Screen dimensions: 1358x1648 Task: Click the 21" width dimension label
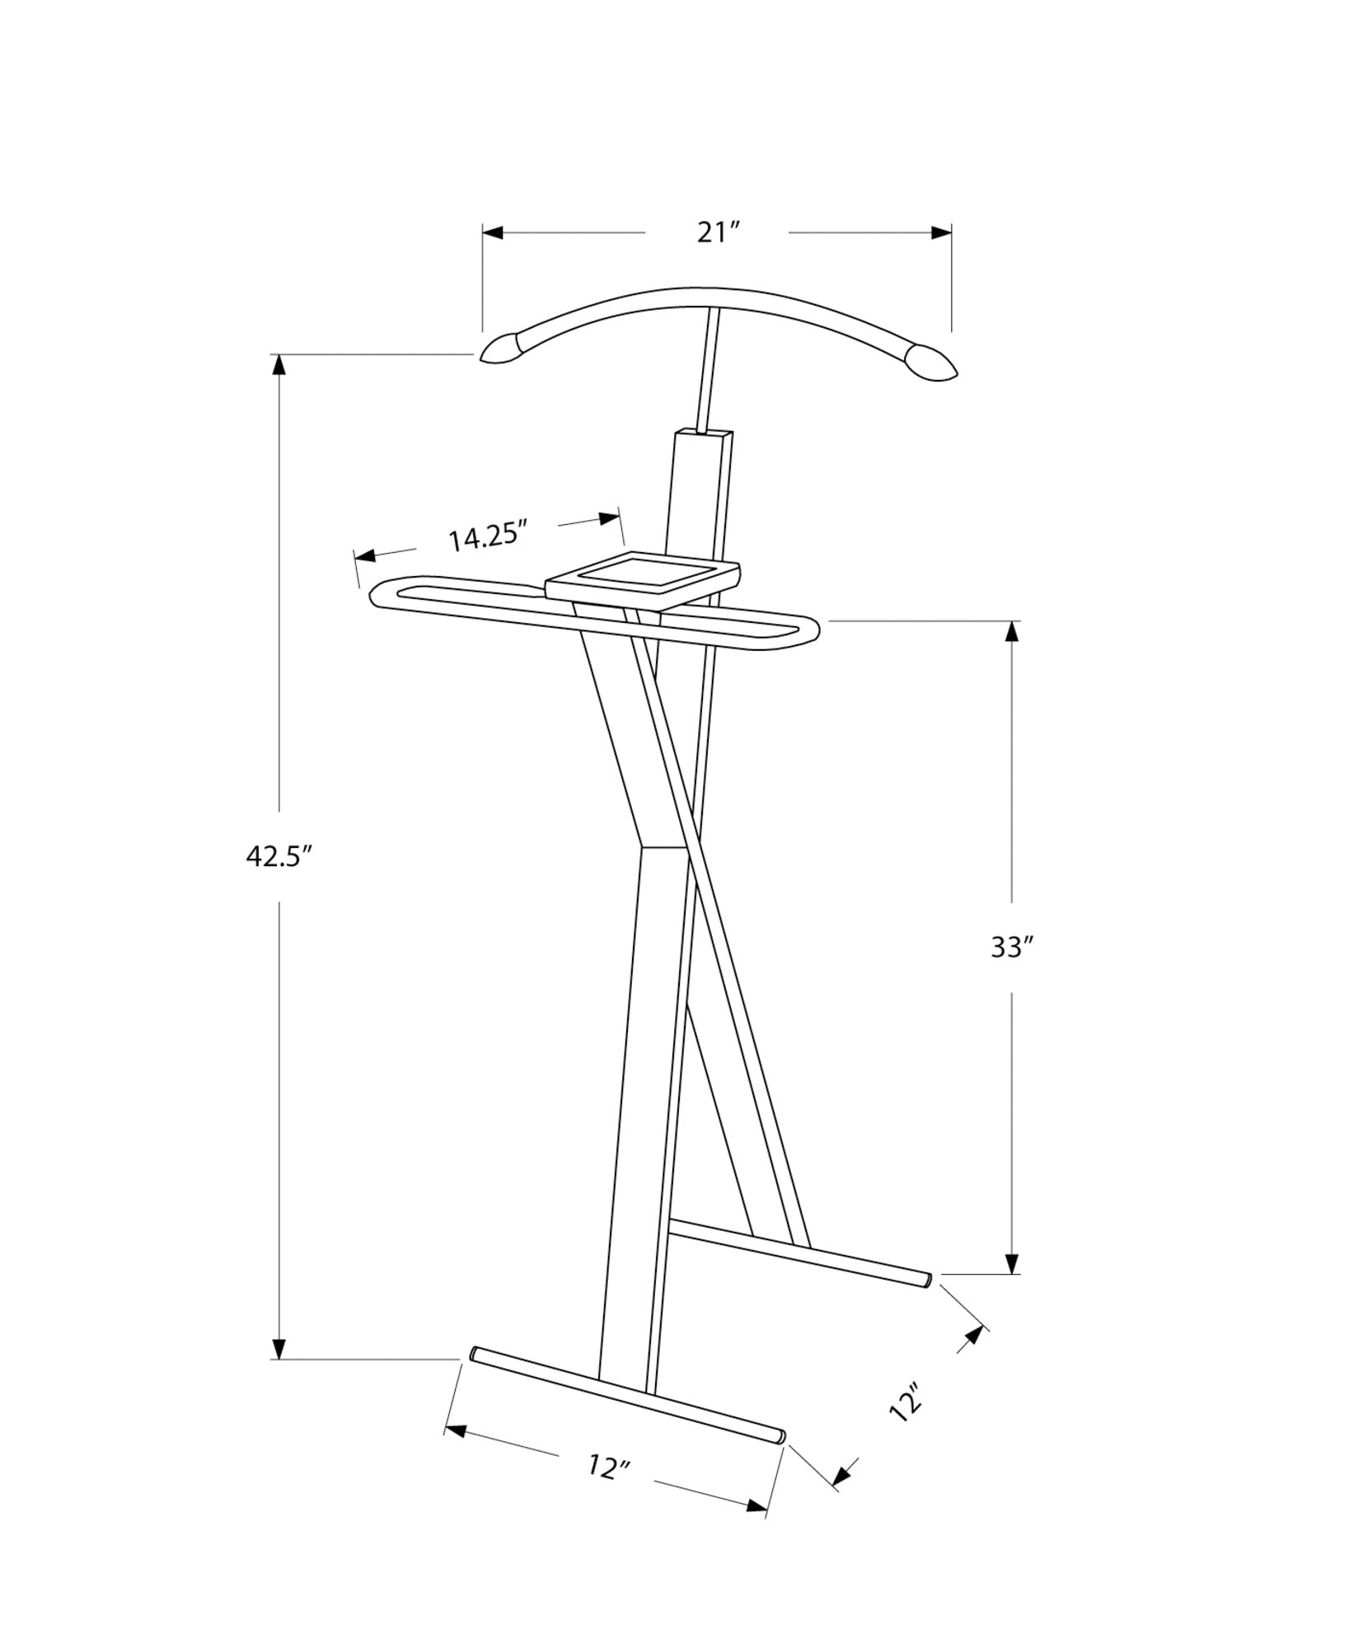pyautogui.click(x=715, y=233)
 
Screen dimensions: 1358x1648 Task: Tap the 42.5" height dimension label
pyautogui.click(x=281, y=857)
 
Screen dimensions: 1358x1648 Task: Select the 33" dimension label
pyautogui.click(x=1011, y=948)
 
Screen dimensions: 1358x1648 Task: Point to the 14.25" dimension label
pyautogui.click(x=487, y=537)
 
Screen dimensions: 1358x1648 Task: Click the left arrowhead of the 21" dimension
pyautogui.click(x=493, y=233)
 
